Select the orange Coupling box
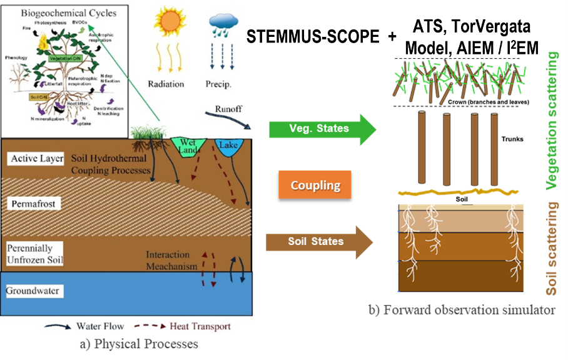click(x=315, y=185)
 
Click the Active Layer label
click(x=37, y=159)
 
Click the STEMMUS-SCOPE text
click(x=312, y=37)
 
